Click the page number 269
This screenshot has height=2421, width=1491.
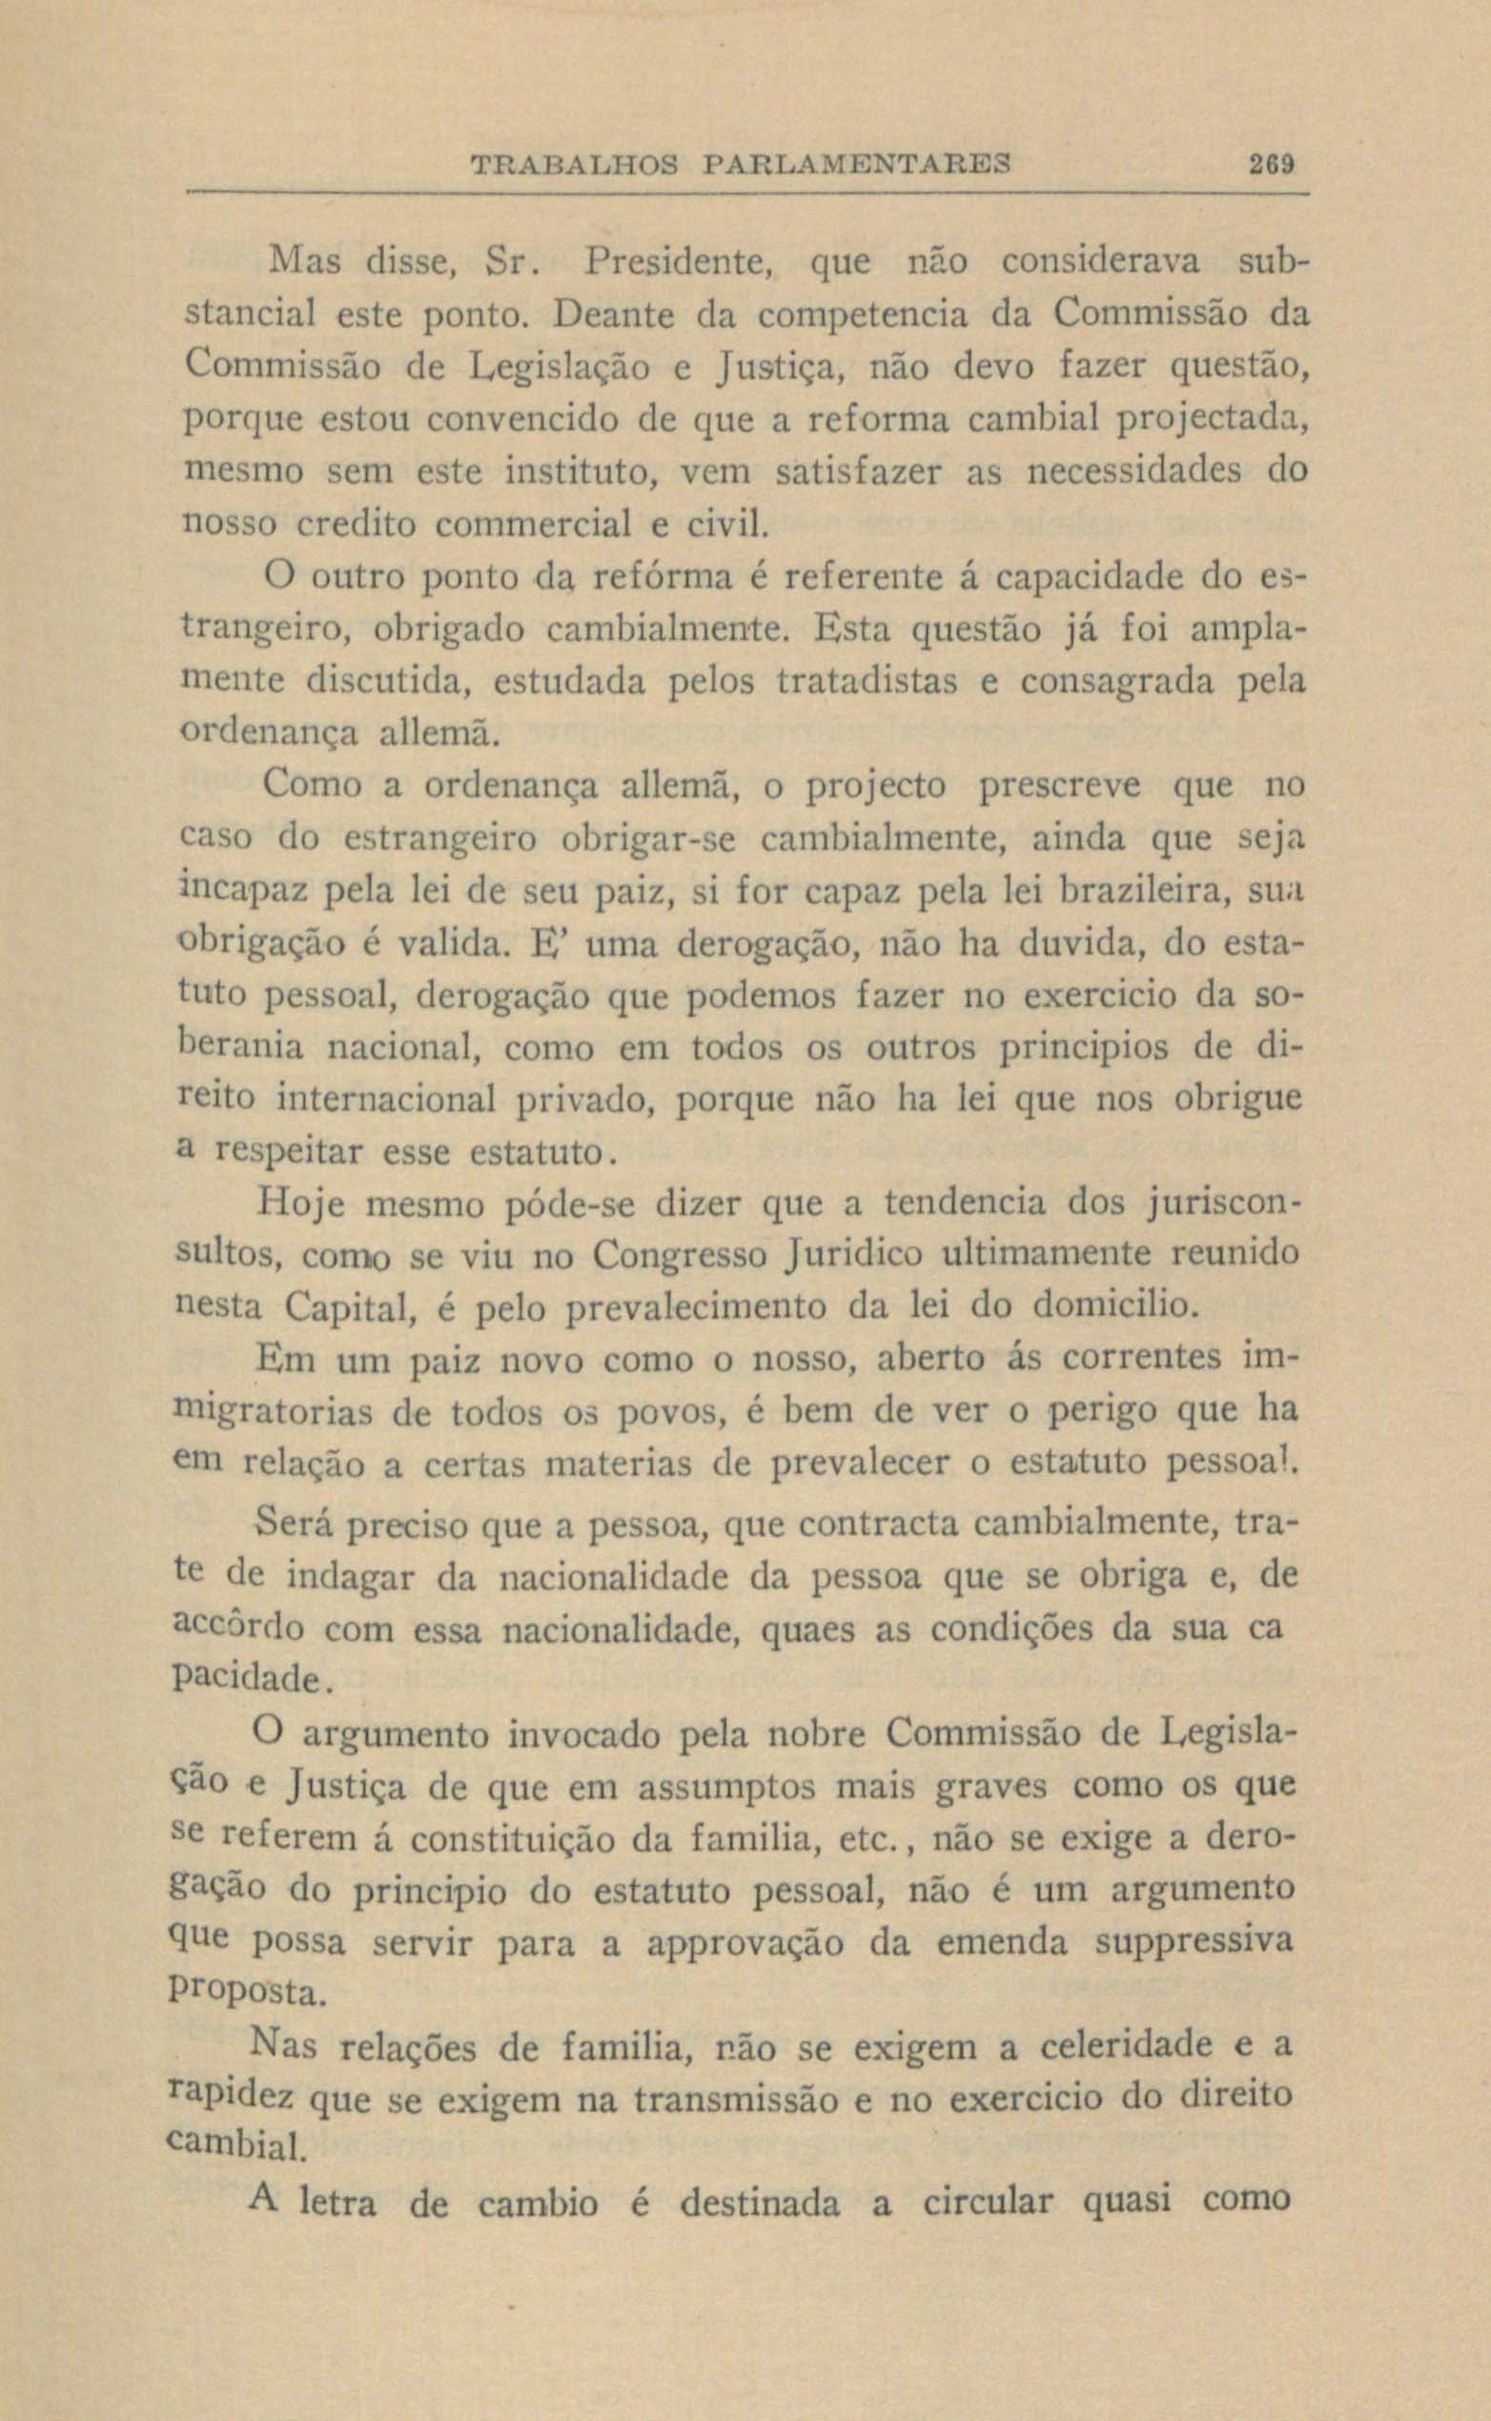coord(1269,163)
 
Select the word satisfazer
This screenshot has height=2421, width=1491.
coord(861,471)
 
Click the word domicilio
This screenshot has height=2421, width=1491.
coord(1114,1308)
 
